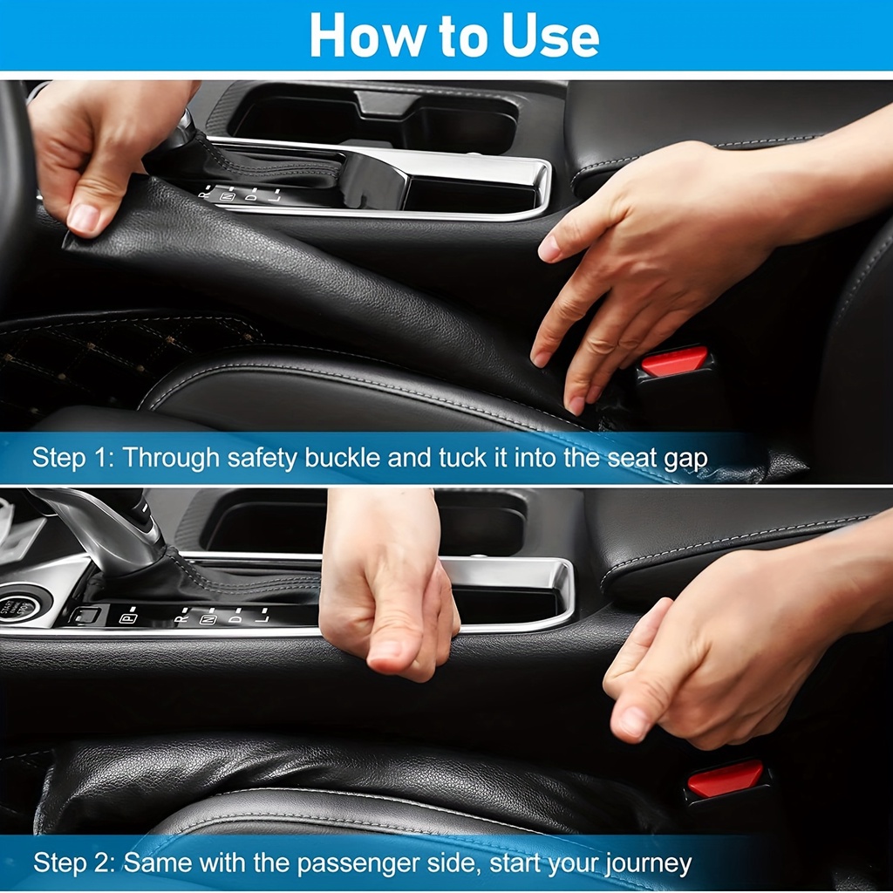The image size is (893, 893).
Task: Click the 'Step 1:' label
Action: (73, 457)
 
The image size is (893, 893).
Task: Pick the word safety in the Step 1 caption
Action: (262, 459)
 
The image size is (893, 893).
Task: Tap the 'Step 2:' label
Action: (74, 862)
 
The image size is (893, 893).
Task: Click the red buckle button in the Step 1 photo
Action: (674, 360)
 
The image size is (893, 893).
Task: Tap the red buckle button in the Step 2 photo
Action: (725, 778)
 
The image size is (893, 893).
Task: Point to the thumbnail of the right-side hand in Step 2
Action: (633, 722)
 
